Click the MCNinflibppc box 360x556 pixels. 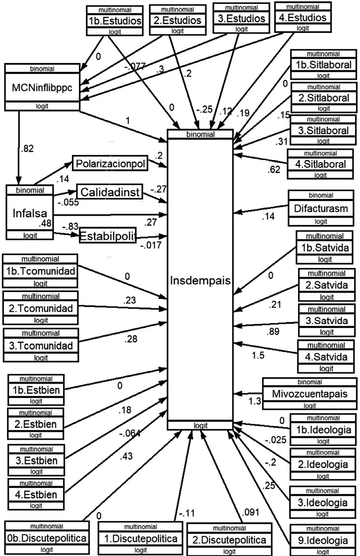(42, 87)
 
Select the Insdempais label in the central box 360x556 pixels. (199, 280)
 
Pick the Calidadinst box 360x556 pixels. (109, 191)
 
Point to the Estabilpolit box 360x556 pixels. (107, 235)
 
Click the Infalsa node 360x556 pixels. (29, 212)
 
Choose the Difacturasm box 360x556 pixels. (321, 209)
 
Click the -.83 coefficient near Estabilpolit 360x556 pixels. (70, 226)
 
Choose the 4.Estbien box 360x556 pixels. (39, 494)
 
